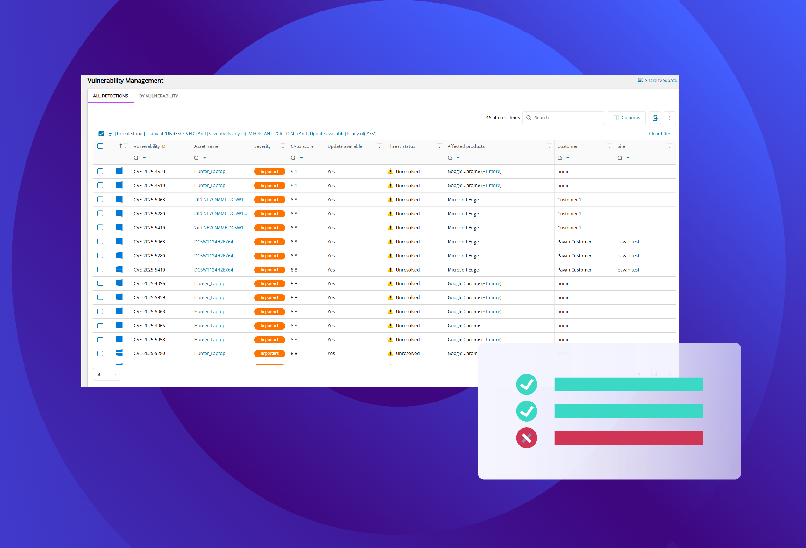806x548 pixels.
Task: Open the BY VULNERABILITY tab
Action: [x=159, y=96]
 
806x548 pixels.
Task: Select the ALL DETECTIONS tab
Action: [x=111, y=96]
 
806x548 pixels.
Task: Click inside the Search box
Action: [x=567, y=118]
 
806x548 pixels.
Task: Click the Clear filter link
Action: [x=659, y=134]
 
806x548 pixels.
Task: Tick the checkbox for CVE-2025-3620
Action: [x=100, y=172]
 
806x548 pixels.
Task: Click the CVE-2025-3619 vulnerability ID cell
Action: [x=149, y=186]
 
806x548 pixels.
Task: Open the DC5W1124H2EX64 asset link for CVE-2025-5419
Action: [x=214, y=270]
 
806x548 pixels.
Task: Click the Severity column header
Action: [x=263, y=146]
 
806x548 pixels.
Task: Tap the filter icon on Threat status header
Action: [x=439, y=146]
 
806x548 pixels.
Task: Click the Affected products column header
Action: [x=466, y=146]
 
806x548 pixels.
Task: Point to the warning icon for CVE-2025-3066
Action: [x=391, y=326]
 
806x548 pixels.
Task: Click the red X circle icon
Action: [x=527, y=438]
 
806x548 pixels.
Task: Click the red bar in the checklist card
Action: [x=629, y=438]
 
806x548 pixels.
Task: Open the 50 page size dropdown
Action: [x=107, y=374]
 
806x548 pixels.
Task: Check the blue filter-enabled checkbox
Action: [x=101, y=134]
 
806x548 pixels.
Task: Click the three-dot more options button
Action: [x=670, y=118]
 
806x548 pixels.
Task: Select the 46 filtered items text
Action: [x=502, y=118]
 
